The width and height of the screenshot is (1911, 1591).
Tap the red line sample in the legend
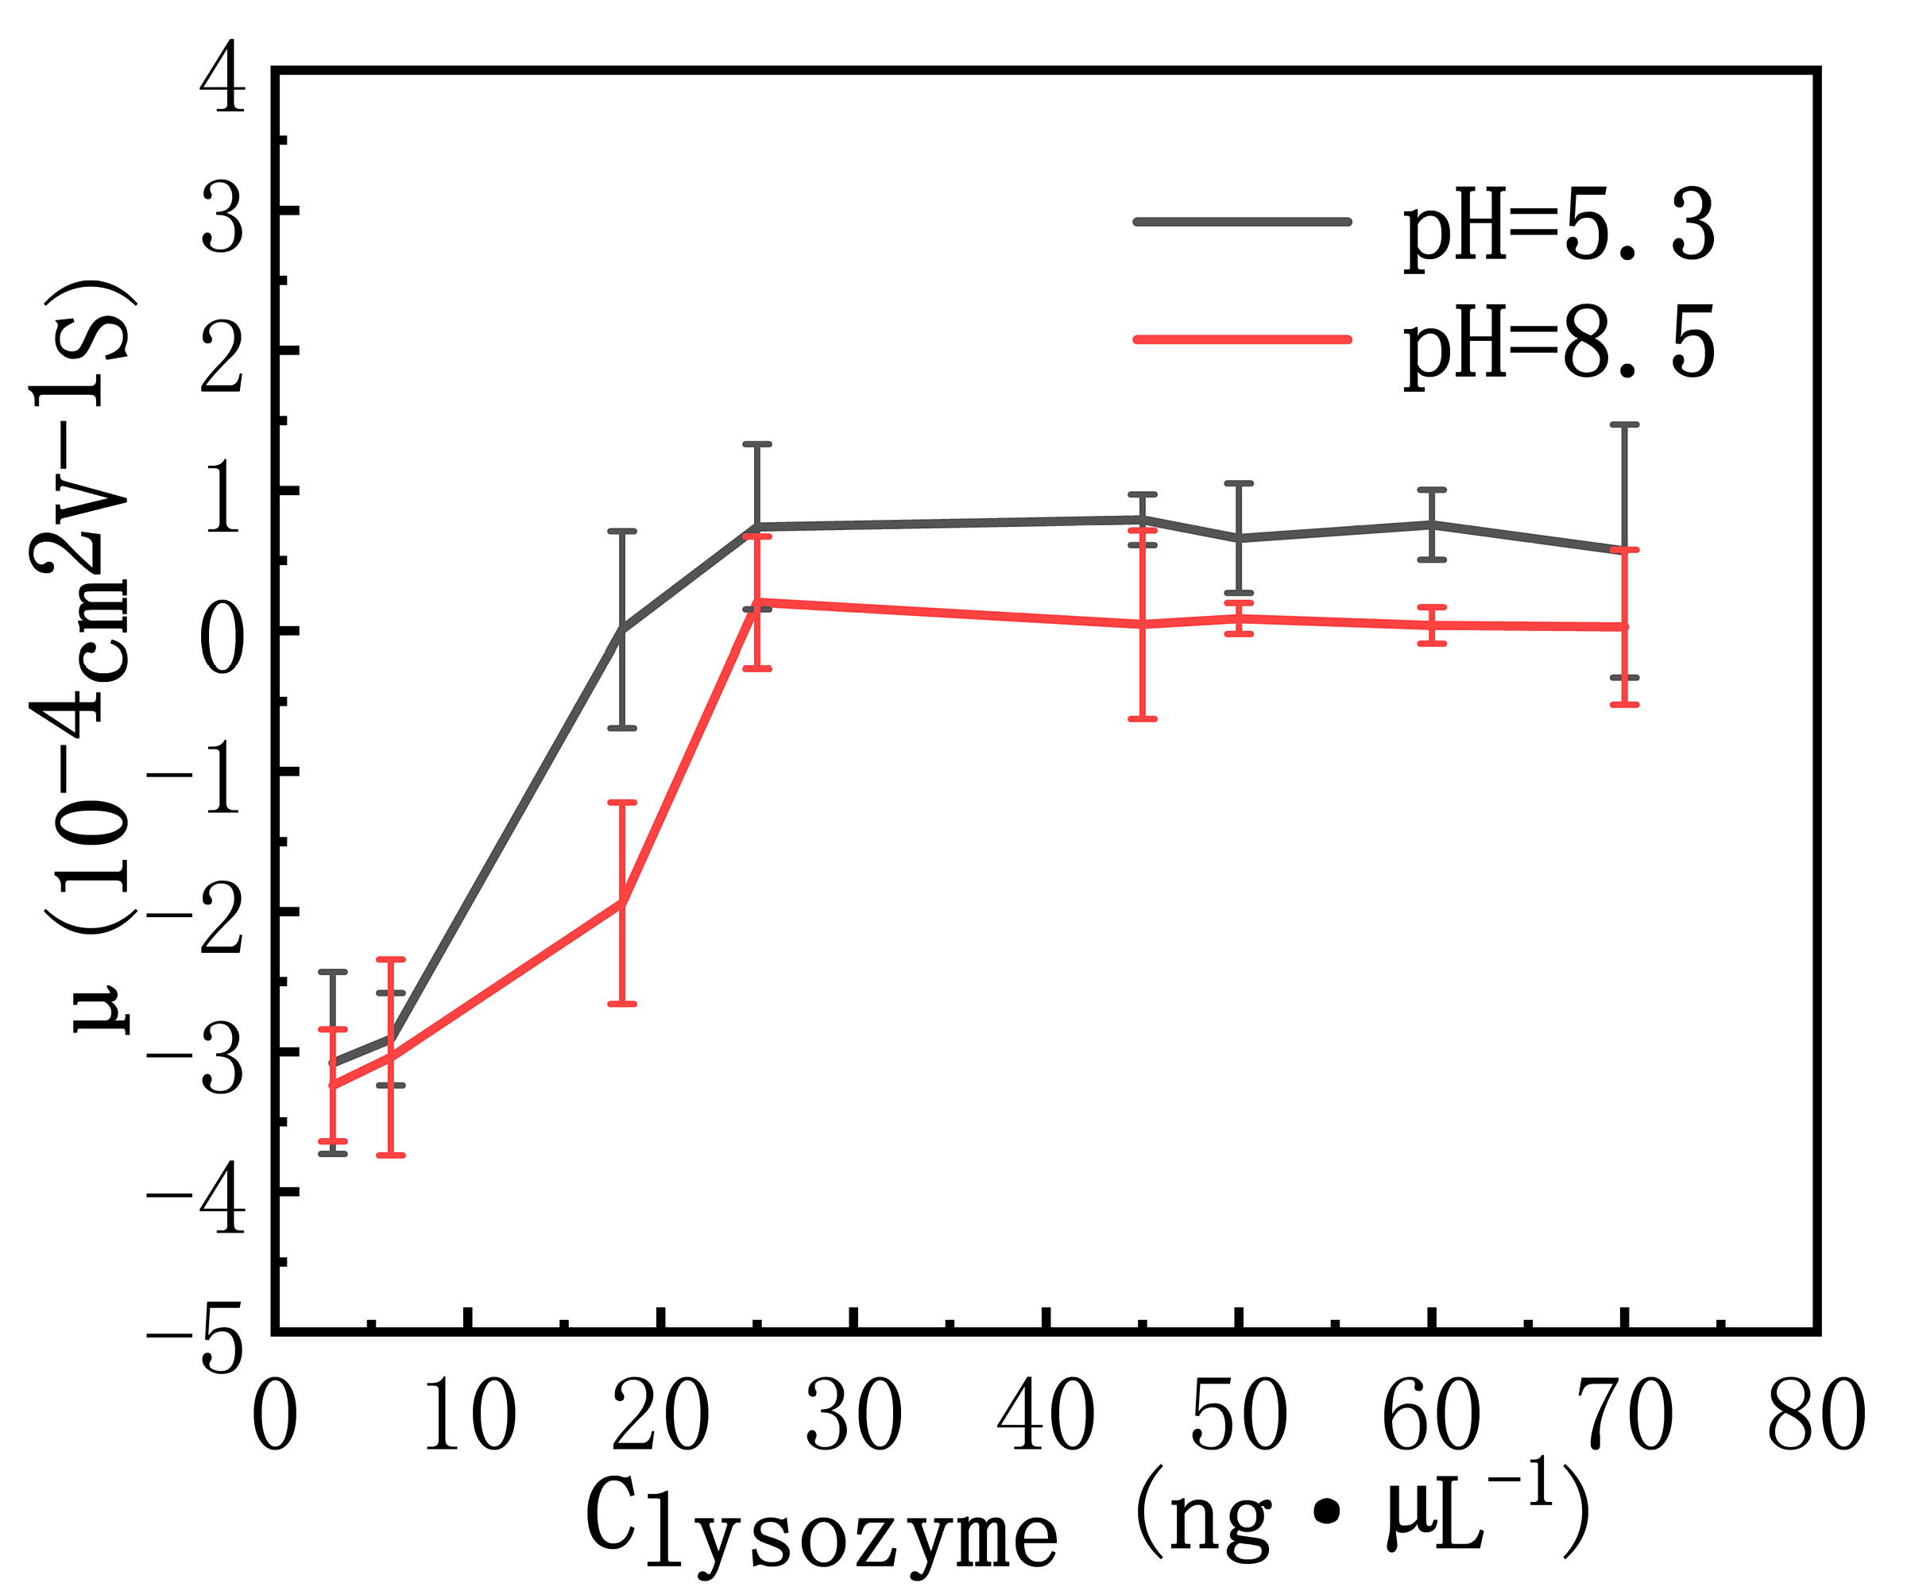pos(1241,339)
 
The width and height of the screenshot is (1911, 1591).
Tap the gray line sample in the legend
pos(1241,221)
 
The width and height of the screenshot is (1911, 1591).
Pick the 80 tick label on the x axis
pos(1816,1415)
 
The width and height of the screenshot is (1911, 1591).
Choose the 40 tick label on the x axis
pos(1046,1415)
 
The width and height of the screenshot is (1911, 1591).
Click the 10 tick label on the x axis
pos(469,1415)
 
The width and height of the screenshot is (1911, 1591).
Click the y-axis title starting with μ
pos(87,656)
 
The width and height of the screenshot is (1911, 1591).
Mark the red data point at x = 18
pos(621,902)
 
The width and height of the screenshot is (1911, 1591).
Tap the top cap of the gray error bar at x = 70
pos(1624,424)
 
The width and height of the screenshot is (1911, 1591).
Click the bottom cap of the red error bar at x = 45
pos(1142,719)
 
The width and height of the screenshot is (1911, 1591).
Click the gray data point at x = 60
pos(1431,525)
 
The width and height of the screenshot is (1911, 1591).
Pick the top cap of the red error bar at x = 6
pos(390,959)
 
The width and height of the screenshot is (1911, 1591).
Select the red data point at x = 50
pos(1239,619)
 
